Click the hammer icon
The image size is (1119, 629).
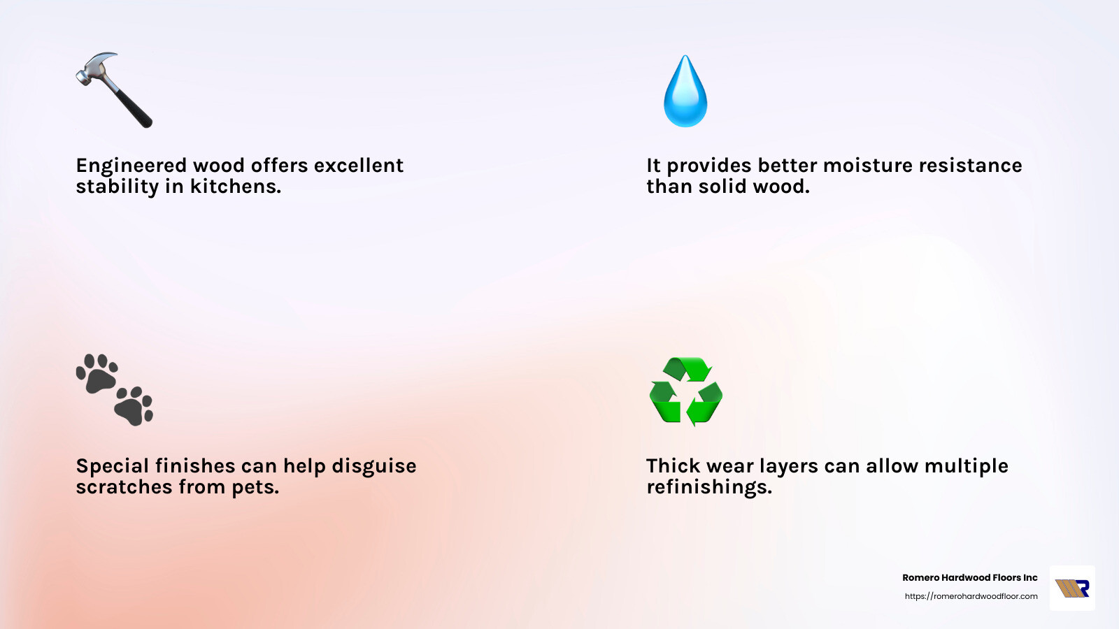(x=114, y=89)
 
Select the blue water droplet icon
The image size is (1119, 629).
(x=685, y=92)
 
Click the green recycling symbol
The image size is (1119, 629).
(x=686, y=391)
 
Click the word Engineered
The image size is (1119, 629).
(x=131, y=166)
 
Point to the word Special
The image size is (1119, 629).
(x=111, y=466)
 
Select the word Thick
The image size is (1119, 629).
(x=672, y=466)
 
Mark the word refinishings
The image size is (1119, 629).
(x=709, y=487)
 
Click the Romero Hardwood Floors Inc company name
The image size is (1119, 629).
(x=969, y=578)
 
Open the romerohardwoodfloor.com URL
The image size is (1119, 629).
(x=971, y=596)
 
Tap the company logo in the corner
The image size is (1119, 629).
(x=1072, y=588)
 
